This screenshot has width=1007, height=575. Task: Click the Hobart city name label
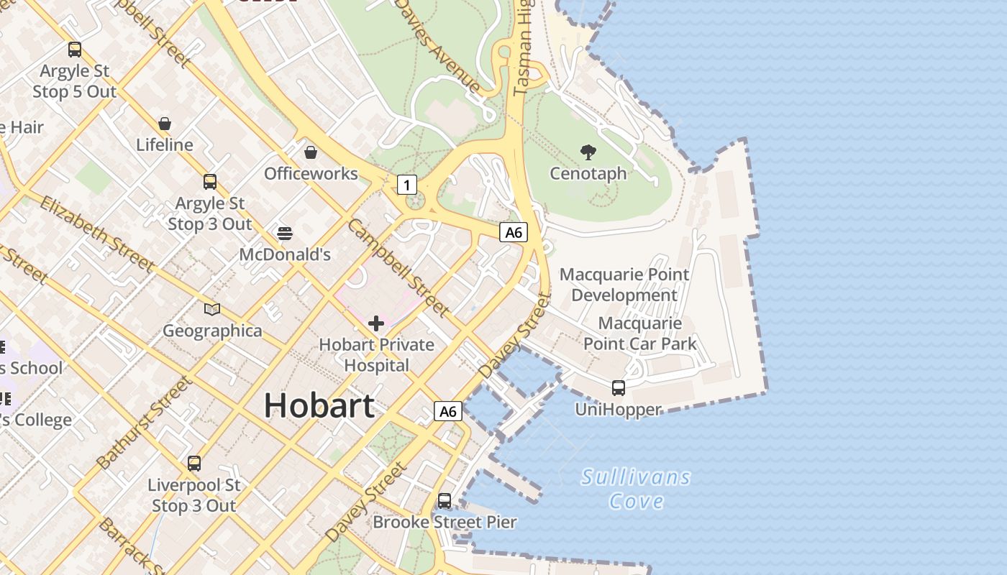(x=319, y=406)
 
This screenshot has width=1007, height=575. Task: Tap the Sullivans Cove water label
(x=636, y=489)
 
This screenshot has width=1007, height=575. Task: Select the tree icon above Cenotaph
(x=588, y=152)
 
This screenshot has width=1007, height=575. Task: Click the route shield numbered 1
(x=406, y=185)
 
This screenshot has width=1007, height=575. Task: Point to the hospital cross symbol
(x=375, y=323)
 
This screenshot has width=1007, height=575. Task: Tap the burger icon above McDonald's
(x=285, y=233)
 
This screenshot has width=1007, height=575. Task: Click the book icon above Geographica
(x=211, y=310)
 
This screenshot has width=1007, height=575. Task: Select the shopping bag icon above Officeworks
(x=311, y=152)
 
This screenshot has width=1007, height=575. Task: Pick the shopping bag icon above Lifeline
(x=165, y=124)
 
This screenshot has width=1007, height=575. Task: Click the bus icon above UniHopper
(x=618, y=388)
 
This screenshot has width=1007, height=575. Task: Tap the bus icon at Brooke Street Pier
(x=445, y=501)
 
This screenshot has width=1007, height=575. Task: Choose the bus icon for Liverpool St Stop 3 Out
(x=193, y=464)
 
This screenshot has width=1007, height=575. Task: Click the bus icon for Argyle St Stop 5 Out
(x=75, y=50)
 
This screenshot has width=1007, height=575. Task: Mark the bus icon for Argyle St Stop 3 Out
(x=210, y=182)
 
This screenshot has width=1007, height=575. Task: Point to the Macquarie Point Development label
(x=624, y=285)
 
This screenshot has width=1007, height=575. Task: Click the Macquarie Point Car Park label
(x=639, y=333)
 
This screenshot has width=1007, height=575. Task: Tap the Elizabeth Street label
(x=96, y=234)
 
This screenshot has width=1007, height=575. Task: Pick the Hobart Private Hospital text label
(x=376, y=355)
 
